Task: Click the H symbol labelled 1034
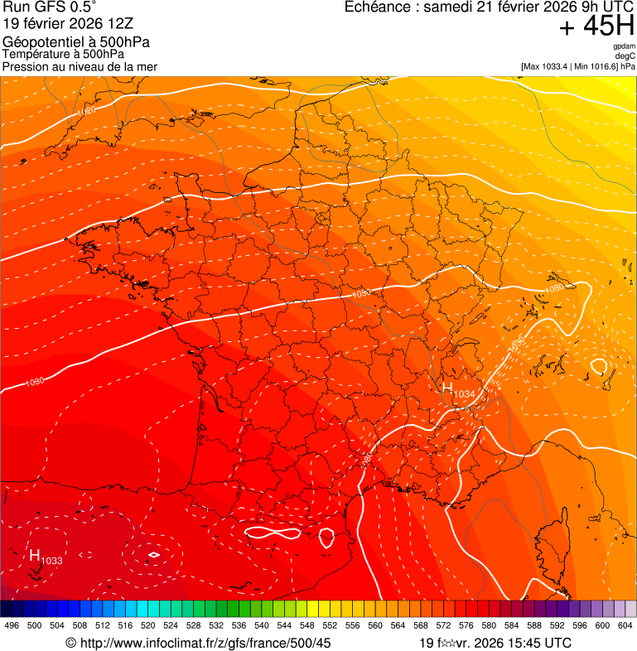tap(447, 388)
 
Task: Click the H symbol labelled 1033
tap(35, 555)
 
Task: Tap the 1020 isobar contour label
tap(85, 110)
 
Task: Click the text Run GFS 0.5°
tap(49, 8)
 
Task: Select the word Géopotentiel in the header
tap(41, 42)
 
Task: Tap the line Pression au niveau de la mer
tap(80, 66)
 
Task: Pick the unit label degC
tap(625, 56)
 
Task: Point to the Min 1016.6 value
tap(596, 66)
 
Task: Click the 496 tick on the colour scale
tap(12, 625)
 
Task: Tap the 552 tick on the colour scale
tap(329, 625)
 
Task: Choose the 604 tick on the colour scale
tap(625, 625)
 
